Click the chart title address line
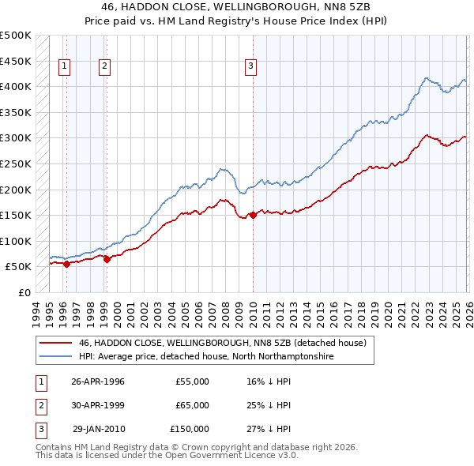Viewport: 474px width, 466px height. pyautogui.click(x=236, y=6)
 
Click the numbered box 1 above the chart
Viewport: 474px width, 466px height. pyautogui.click(x=64, y=67)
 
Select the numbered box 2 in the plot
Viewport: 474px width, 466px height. pyautogui.click(x=104, y=67)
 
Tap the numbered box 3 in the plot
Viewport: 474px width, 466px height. pyautogui.click(x=250, y=67)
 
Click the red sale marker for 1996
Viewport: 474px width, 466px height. pyautogui.click(x=66, y=265)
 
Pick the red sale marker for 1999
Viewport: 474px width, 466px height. pyautogui.click(x=107, y=260)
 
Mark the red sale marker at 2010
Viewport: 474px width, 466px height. pyautogui.click(x=253, y=215)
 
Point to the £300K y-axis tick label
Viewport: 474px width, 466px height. pyautogui.click(x=17, y=138)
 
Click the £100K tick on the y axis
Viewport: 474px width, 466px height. pyautogui.click(x=17, y=241)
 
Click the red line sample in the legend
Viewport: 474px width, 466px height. pyautogui.click(x=55, y=344)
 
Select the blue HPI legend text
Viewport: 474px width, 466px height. pyautogui.click(x=206, y=357)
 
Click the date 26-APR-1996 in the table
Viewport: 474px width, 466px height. pyautogui.click(x=98, y=381)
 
